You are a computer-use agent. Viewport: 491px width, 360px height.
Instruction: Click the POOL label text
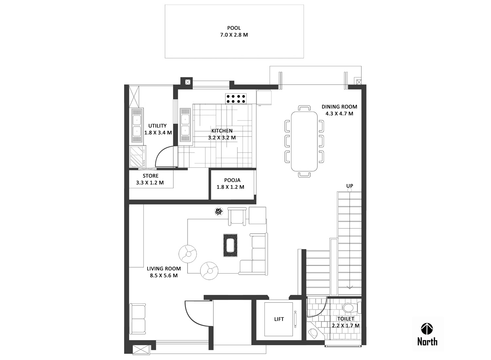click(234, 28)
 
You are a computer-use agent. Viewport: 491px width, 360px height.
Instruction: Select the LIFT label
click(279, 319)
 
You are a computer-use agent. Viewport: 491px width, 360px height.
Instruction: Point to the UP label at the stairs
click(350, 186)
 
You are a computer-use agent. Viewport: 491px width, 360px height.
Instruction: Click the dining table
click(304, 141)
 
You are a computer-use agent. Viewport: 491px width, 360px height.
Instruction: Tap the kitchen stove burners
click(235, 99)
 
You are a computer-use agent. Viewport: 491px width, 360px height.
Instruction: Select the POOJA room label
click(232, 180)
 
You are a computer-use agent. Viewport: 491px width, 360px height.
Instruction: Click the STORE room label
click(151, 176)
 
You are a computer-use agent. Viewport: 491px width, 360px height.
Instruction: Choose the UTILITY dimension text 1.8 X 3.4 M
click(158, 133)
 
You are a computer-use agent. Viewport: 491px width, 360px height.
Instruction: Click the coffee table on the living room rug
click(230, 246)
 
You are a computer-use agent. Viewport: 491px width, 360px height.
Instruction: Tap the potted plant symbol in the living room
click(218, 212)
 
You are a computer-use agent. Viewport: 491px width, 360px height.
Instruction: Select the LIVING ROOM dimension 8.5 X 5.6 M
click(164, 276)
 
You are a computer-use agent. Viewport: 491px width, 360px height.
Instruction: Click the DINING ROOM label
click(339, 107)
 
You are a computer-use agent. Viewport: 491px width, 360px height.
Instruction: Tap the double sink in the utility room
click(136, 126)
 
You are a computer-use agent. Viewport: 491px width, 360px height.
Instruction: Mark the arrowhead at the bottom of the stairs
click(350, 287)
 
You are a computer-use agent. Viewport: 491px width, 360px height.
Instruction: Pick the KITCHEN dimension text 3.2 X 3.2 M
click(222, 138)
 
